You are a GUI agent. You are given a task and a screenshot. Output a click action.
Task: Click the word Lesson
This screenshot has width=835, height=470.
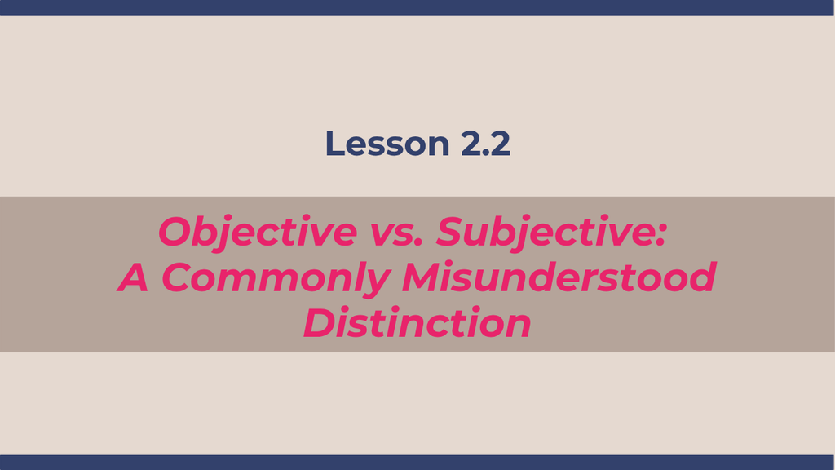tap(387, 144)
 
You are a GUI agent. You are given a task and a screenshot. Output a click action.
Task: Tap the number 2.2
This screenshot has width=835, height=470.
tap(485, 144)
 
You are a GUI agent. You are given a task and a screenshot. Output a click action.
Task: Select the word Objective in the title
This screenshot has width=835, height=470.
tap(258, 233)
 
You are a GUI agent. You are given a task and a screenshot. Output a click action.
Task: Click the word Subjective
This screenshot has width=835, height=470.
tap(545, 233)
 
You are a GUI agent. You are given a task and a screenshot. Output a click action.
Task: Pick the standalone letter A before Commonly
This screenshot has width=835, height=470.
tap(133, 277)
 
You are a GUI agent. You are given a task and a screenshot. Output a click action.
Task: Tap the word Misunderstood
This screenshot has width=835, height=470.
tap(559, 277)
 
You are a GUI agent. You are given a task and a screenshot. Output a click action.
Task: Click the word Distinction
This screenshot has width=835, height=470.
tap(417, 323)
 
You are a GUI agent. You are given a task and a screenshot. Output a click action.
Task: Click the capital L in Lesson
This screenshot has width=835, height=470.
tap(334, 144)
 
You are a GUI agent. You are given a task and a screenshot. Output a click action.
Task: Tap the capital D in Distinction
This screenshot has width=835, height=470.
tap(320, 323)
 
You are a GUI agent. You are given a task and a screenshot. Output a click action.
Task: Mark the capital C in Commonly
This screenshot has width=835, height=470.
tap(177, 277)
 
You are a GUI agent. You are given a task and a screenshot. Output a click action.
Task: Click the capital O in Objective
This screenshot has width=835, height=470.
tap(176, 232)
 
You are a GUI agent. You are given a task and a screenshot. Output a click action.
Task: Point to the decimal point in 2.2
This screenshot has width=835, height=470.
tap(484, 153)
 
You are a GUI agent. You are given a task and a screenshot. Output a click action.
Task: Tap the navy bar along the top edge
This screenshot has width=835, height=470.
tap(417, 7)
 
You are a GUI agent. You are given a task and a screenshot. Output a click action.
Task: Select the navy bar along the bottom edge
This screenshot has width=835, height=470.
tap(417, 463)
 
